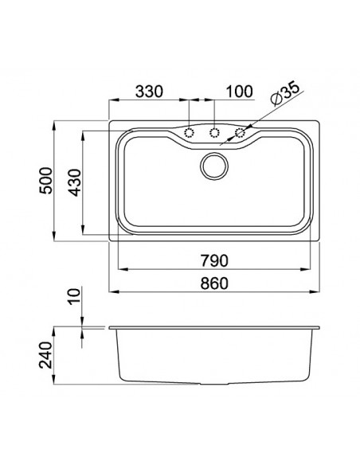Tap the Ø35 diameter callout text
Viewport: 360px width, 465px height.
tap(284, 96)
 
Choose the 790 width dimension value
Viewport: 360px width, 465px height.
tap(214, 260)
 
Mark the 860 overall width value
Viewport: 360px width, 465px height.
tap(214, 283)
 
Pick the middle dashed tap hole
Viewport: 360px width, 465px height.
tap(214, 132)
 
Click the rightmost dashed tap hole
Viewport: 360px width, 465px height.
tap(239, 132)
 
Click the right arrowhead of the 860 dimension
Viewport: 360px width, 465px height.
tap(316, 291)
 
